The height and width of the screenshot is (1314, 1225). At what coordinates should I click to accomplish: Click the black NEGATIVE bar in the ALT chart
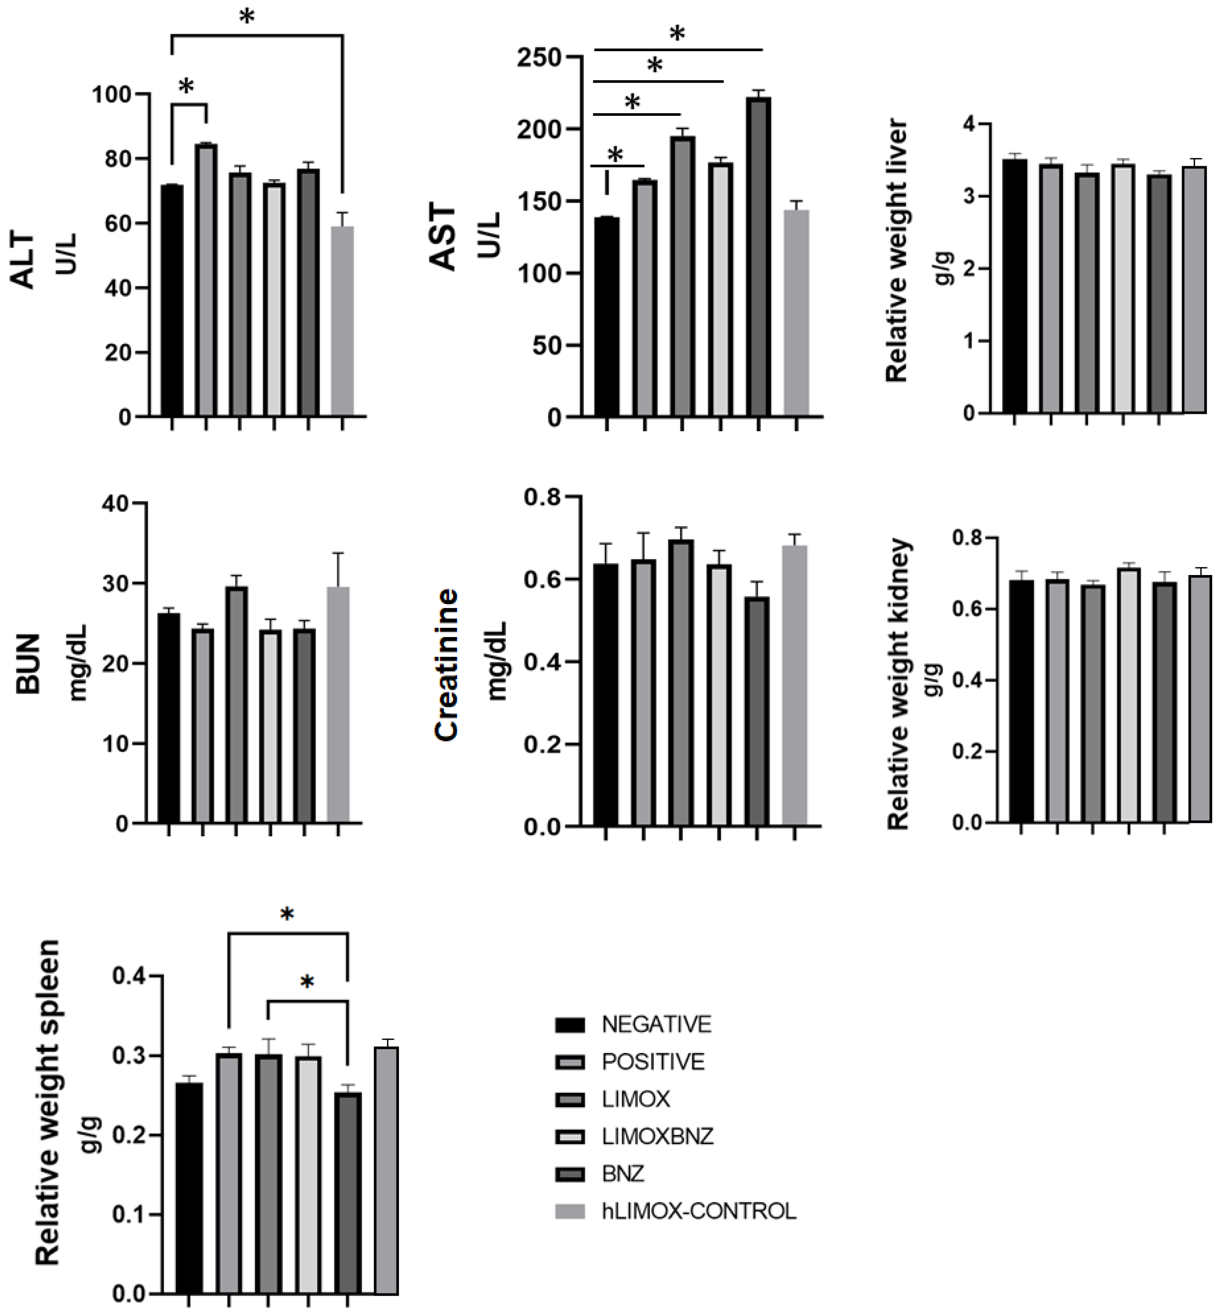tap(172, 301)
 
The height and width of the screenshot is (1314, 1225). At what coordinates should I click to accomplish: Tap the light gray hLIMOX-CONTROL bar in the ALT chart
tap(342, 320)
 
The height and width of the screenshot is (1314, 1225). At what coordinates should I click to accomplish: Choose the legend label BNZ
tap(623, 1174)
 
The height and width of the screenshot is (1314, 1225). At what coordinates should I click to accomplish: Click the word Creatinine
tap(447, 664)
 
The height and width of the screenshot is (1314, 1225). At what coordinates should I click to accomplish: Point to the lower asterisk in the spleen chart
tap(307, 982)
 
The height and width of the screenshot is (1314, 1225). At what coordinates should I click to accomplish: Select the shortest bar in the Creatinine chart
tap(757, 711)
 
